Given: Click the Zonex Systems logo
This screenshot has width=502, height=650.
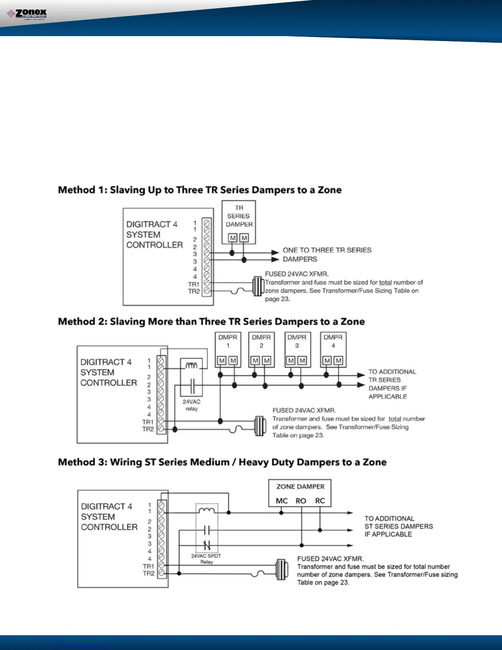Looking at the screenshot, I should (27, 14).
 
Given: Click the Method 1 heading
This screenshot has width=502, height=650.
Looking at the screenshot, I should (200, 190).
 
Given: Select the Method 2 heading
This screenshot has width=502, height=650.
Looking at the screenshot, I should (211, 321).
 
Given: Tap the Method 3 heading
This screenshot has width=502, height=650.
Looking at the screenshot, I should (222, 462).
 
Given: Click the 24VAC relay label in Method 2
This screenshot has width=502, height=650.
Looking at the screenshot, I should (192, 405).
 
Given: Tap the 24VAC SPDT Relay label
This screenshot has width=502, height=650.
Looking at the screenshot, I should (206, 559).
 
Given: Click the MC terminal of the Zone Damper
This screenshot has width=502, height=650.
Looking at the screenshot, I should (282, 501).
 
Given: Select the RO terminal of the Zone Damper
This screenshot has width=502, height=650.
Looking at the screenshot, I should (301, 501).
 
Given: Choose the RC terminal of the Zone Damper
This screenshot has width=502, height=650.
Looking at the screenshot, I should (320, 501).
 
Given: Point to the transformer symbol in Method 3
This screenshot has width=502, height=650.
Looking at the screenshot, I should (281, 570).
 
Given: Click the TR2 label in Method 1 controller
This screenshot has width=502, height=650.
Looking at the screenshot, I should (194, 291).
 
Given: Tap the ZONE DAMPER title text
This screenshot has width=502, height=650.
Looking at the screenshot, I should (300, 487).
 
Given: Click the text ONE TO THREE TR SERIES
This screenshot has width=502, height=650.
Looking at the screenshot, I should (327, 250).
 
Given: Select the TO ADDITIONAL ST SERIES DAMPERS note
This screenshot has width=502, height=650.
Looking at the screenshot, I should (398, 526).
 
